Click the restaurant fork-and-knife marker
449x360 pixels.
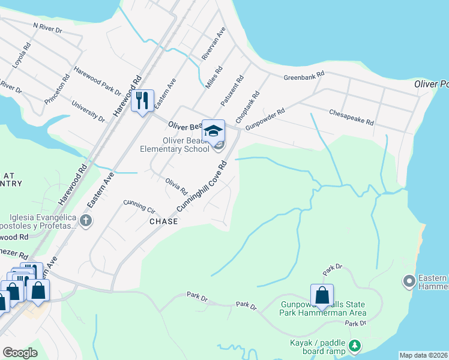[142, 100]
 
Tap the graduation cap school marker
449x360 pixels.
[213, 130]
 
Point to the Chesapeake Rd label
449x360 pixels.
[352, 117]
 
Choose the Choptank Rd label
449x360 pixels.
[247, 107]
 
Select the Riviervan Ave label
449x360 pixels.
[213, 43]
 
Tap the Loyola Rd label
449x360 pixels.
[20, 55]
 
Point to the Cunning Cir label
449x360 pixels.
[139, 206]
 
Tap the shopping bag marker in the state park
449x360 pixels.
[322, 295]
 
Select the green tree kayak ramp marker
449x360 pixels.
[355, 346]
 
